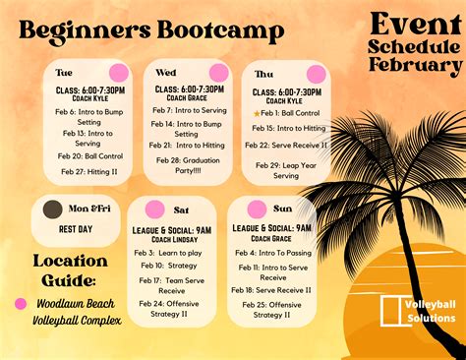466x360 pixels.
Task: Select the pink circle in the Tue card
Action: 119,73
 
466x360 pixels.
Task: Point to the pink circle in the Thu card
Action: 316,74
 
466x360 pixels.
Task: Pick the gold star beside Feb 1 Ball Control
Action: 257,114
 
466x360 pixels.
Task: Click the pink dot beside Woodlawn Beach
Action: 20,304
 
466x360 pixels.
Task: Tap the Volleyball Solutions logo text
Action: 427,309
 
